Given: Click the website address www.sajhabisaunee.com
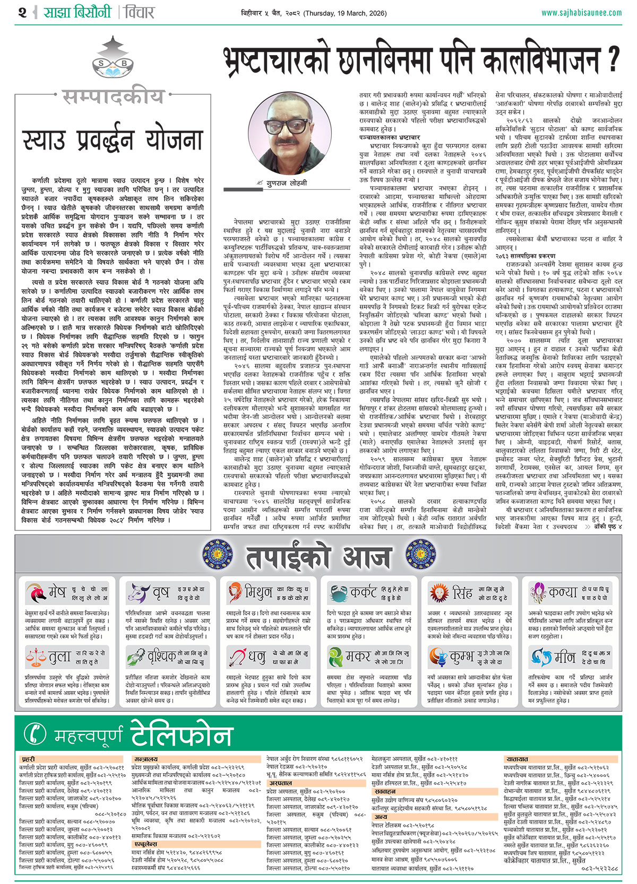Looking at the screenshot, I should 581,13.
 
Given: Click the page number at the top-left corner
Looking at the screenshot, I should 22,12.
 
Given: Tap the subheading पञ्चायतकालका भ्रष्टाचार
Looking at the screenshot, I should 389,137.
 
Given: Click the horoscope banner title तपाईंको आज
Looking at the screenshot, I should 318,556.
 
